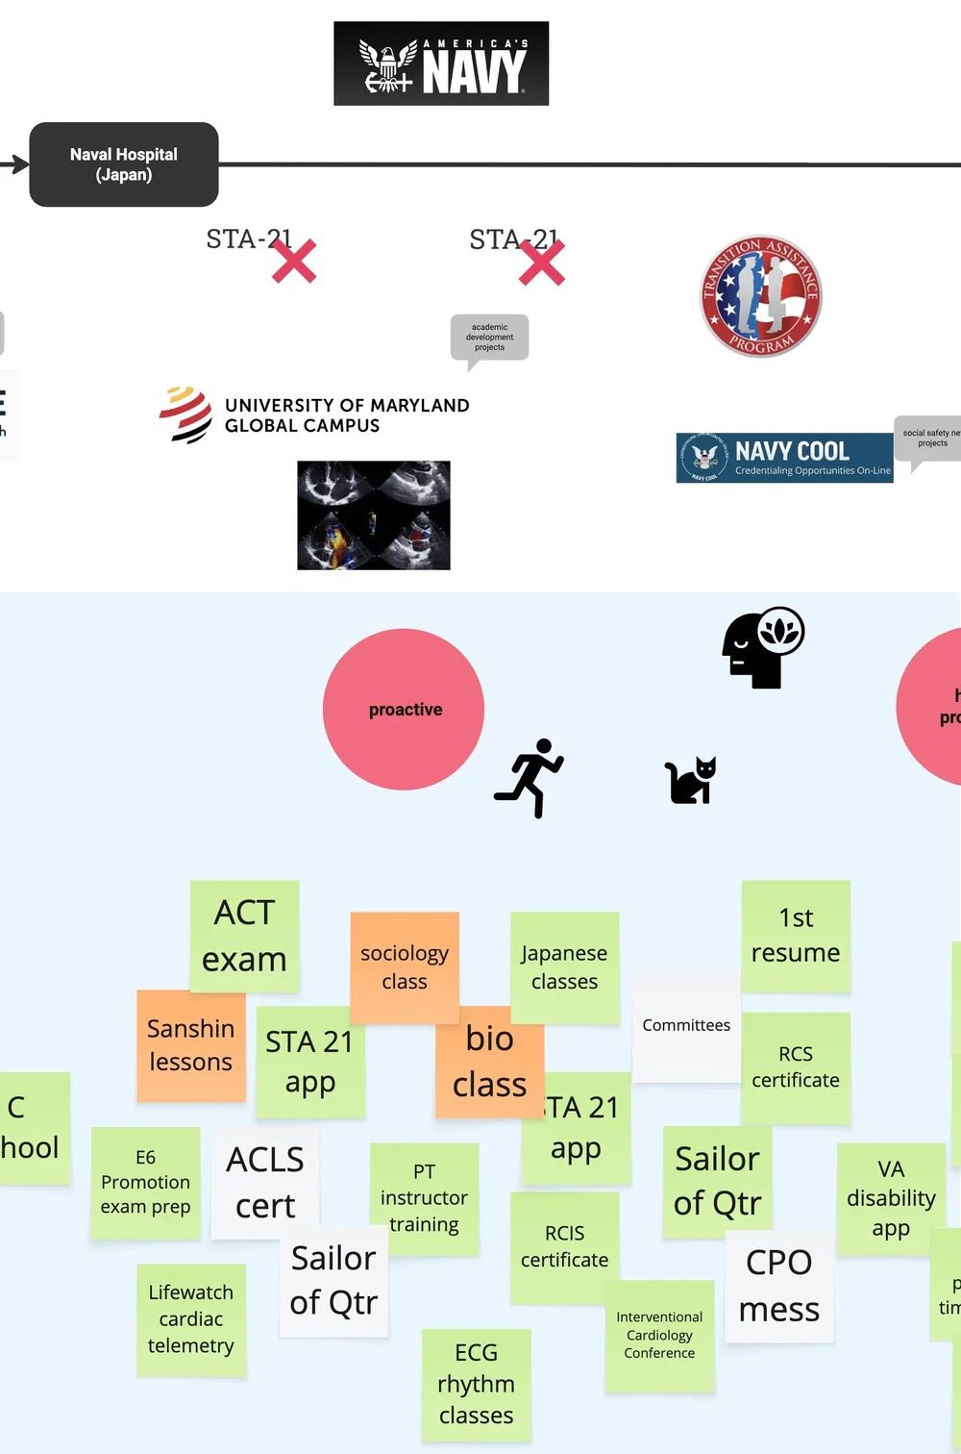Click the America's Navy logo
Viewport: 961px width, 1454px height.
pyautogui.click(x=441, y=63)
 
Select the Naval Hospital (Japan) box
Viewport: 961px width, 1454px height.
pyautogui.click(x=124, y=164)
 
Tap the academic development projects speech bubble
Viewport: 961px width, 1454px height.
pyautogui.click(x=489, y=338)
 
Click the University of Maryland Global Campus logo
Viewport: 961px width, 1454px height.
pyautogui.click(x=314, y=415)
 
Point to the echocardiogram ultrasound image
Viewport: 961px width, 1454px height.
pyautogui.click(x=374, y=515)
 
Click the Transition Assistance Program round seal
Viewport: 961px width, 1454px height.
pyautogui.click(x=761, y=296)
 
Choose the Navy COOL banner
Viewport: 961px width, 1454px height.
pyautogui.click(x=784, y=458)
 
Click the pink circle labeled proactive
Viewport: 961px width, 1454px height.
pyautogui.click(x=404, y=710)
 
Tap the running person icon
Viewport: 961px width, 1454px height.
pyautogui.click(x=530, y=778)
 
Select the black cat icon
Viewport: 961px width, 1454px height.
pyautogui.click(x=691, y=780)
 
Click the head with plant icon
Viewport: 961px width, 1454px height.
pyautogui.click(x=763, y=647)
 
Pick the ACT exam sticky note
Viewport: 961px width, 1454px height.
pyautogui.click(x=244, y=936)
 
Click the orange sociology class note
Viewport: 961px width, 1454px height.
pyautogui.click(x=405, y=966)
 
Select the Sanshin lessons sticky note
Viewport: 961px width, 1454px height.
pyautogui.click(x=190, y=1045)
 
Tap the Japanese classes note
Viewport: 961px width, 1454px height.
pyautogui.click(x=564, y=966)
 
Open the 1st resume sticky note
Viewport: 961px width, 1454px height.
pyautogui.click(x=796, y=936)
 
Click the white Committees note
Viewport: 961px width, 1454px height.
pyautogui.click(x=686, y=1026)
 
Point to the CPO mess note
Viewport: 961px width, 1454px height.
pyautogui.click(x=779, y=1286)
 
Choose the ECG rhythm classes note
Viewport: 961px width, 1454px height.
pyautogui.click(x=476, y=1384)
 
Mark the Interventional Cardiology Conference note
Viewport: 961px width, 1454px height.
pyautogui.click(x=659, y=1336)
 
